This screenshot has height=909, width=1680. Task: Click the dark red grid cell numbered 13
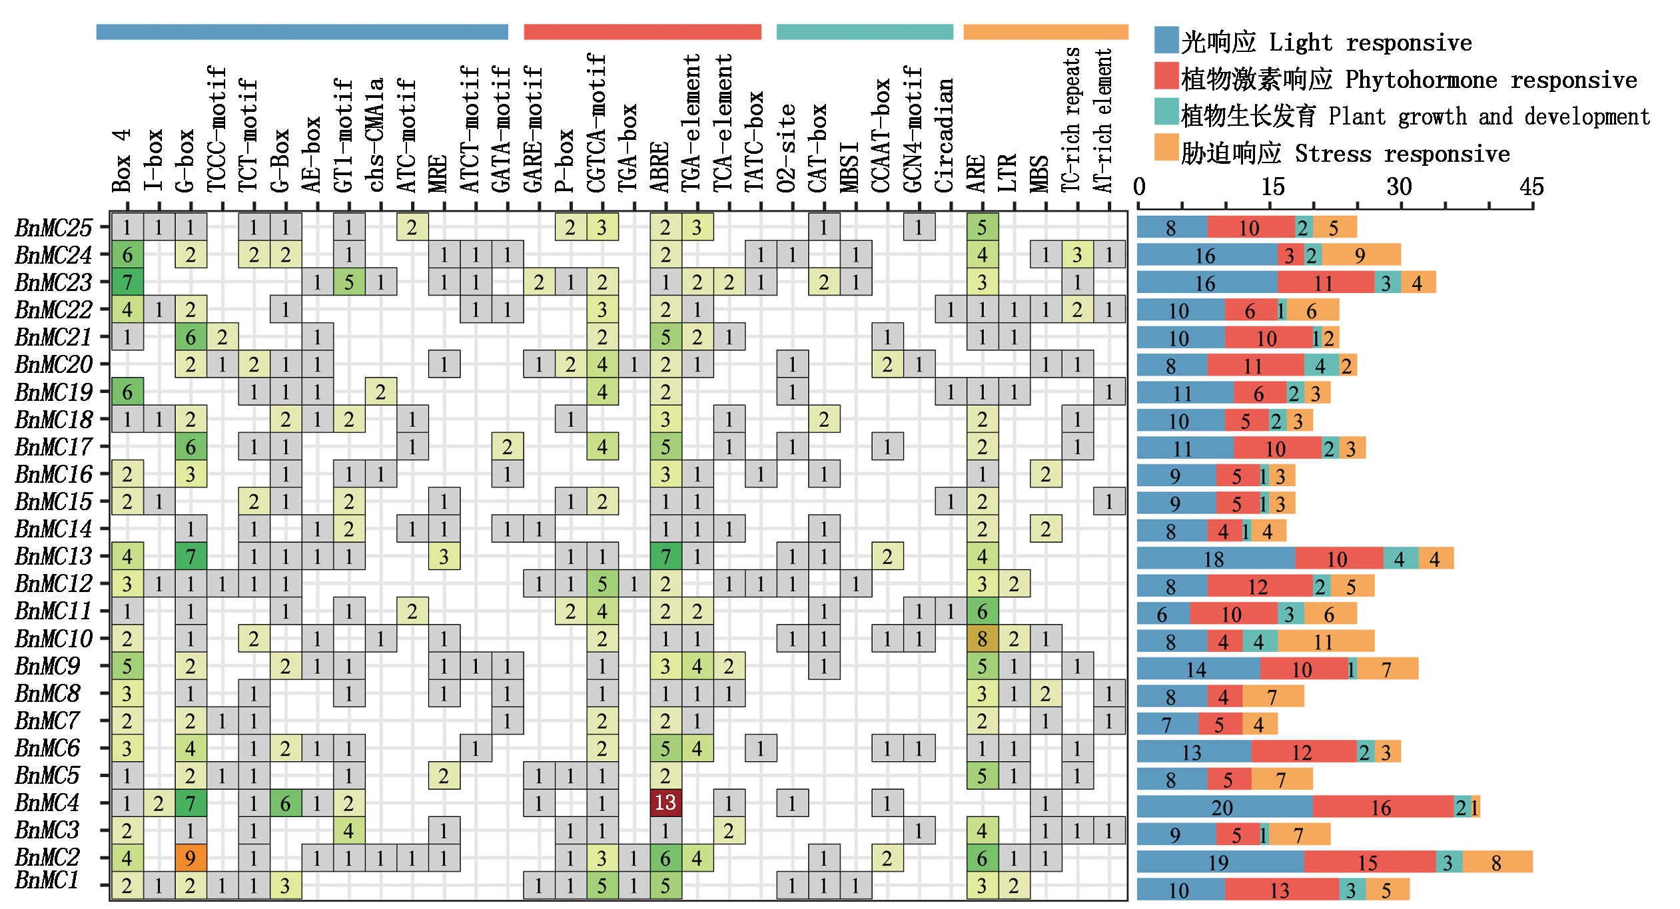click(x=665, y=802)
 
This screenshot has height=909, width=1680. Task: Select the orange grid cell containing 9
click(x=191, y=858)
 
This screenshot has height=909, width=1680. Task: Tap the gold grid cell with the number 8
click(x=982, y=639)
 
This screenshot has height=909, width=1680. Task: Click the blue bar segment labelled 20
click(x=1222, y=807)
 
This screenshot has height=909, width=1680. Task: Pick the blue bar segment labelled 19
click(x=1218, y=862)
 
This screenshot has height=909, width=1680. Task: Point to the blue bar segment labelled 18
click(x=1214, y=559)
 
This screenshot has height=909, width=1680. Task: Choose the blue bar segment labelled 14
click(x=1196, y=669)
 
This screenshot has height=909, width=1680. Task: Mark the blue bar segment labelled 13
click(x=1192, y=752)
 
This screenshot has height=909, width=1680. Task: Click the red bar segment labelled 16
click(x=1382, y=807)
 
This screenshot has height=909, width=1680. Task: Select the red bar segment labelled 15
click(x=1369, y=862)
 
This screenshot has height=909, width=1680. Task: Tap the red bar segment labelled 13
click(x=1281, y=890)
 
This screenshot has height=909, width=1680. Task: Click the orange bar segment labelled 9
click(x=1361, y=255)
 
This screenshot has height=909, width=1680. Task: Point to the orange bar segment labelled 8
click(x=1497, y=862)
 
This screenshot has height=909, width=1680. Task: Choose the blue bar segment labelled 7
click(x=1166, y=724)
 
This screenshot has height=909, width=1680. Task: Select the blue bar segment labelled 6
click(x=1162, y=614)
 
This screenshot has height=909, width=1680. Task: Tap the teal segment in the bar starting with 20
click(x=1462, y=807)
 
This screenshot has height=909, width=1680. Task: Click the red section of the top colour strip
click(x=642, y=37)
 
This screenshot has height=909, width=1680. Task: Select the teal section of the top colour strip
click(x=863, y=35)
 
